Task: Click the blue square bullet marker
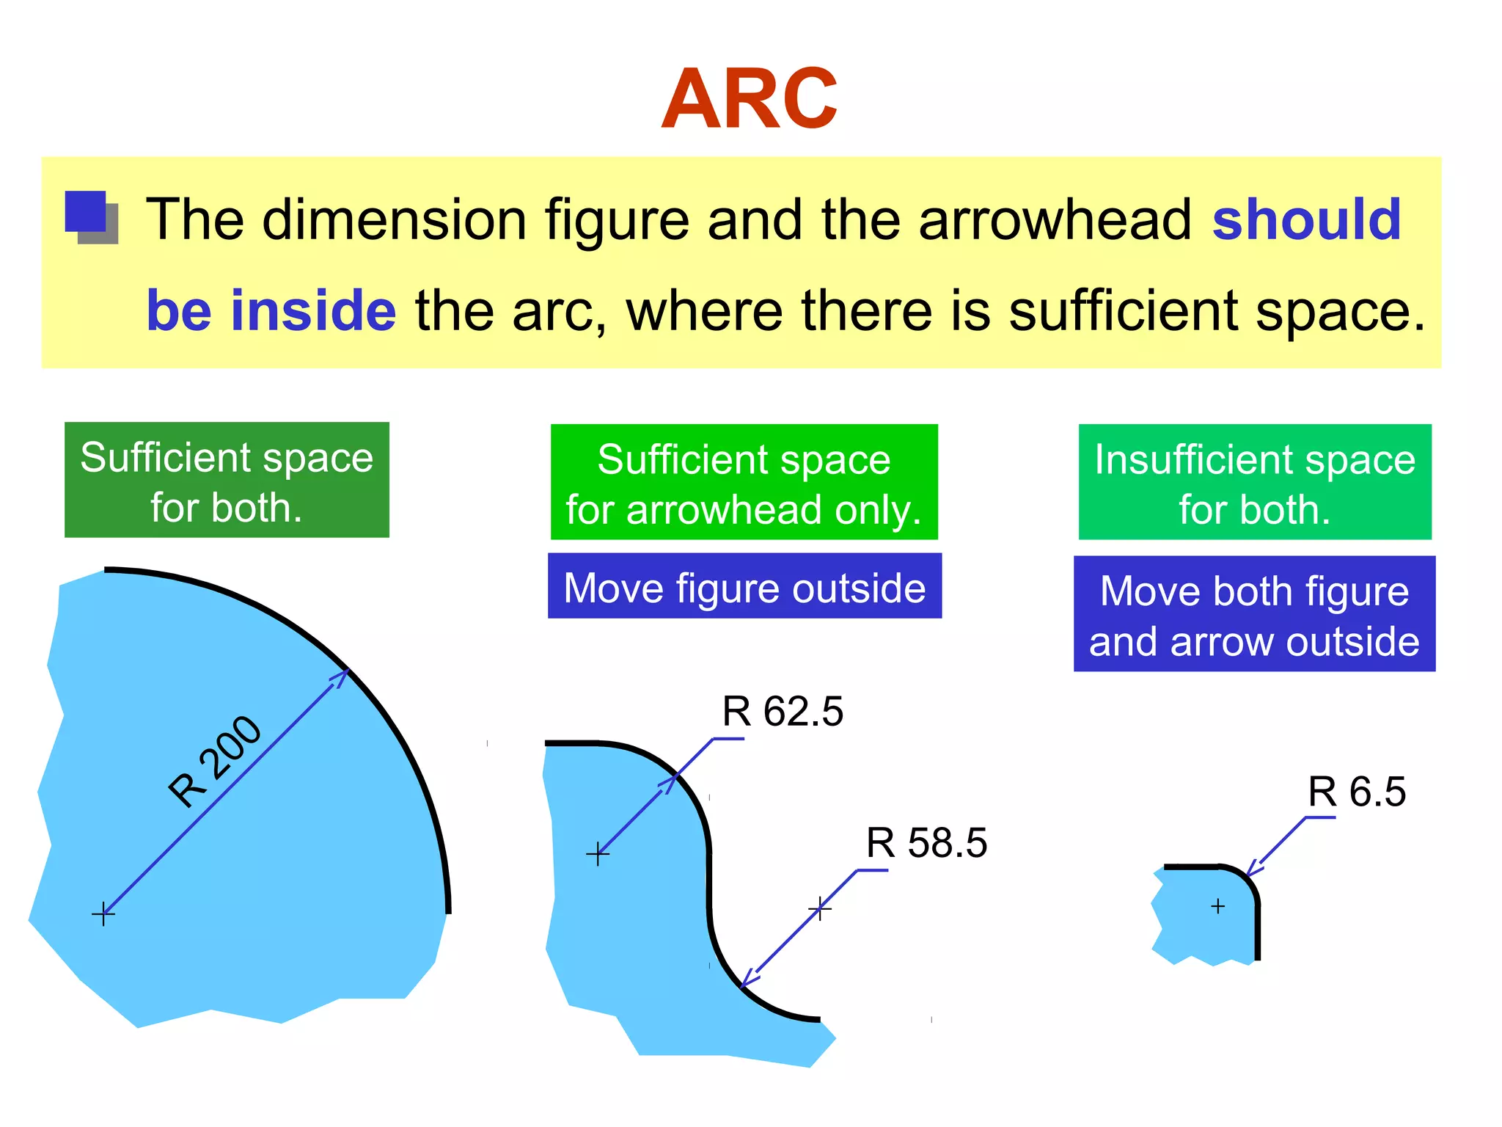89,216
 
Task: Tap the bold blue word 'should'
1306,219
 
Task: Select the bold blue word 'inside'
313,310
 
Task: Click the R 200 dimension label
213,761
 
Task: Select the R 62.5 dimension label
783,711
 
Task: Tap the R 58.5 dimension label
926,842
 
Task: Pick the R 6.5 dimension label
1357,792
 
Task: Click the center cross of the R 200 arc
103,914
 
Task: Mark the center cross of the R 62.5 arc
598,854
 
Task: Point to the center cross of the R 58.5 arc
819,910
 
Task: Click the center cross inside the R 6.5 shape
1217,907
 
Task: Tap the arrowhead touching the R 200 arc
341,677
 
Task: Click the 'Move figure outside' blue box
744,586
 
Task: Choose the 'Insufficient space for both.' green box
1254,482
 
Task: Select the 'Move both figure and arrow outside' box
1254,614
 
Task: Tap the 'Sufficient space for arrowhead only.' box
744,482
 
